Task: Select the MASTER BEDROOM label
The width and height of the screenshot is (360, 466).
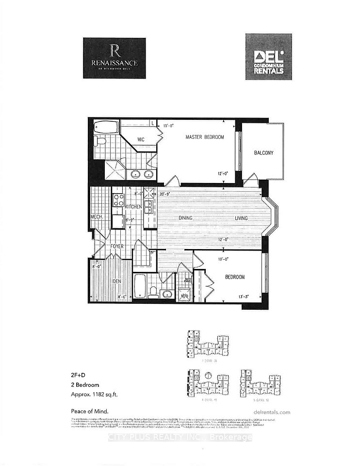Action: (205, 137)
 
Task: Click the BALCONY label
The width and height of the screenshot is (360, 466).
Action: (263, 153)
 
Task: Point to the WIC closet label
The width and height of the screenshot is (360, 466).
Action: (141, 140)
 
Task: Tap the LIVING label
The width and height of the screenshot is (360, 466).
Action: (242, 218)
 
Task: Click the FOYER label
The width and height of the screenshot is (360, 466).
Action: (116, 247)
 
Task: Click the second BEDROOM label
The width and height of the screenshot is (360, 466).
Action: (234, 277)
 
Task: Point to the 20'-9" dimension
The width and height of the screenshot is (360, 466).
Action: (165, 194)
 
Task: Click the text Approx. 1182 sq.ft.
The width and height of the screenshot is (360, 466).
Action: (93, 394)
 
